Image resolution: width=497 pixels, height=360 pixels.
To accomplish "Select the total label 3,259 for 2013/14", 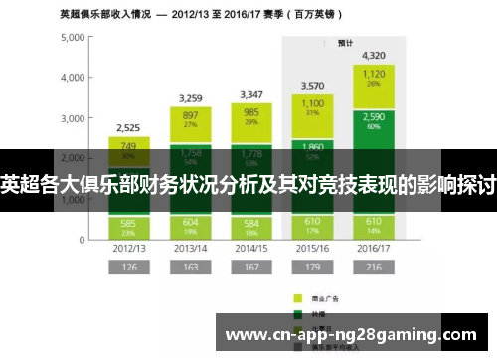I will [x=190, y=97].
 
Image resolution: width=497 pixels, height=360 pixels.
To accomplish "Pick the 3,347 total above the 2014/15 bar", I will [x=250, y=94].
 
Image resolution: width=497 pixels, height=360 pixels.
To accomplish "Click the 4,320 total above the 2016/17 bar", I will [x=373, y=55].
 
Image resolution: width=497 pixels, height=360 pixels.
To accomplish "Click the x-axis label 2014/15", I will [x=250, y=247].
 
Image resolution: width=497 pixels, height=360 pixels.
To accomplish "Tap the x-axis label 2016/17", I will [x=373, y=247].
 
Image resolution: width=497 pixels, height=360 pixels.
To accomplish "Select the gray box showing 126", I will [x=129, y=268].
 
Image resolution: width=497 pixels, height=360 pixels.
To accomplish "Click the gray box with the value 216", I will [x=373, y=268].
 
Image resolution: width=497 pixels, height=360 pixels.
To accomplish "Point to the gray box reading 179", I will [x=311, y=268].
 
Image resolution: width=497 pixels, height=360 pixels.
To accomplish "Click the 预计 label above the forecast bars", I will [x=345, y=43].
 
